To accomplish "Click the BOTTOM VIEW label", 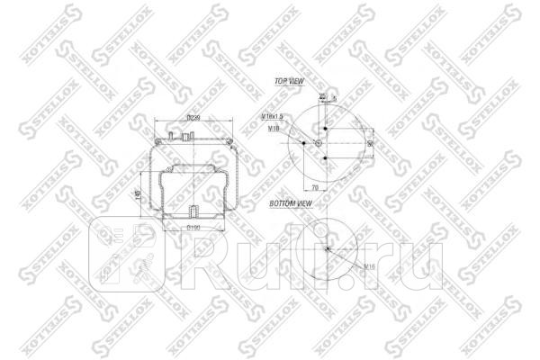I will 292,204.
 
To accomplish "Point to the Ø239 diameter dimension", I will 193,119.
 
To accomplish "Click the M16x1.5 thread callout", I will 274,118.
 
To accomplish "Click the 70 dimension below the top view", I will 315,186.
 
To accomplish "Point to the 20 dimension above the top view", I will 322,95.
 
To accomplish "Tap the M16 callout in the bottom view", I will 369,267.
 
